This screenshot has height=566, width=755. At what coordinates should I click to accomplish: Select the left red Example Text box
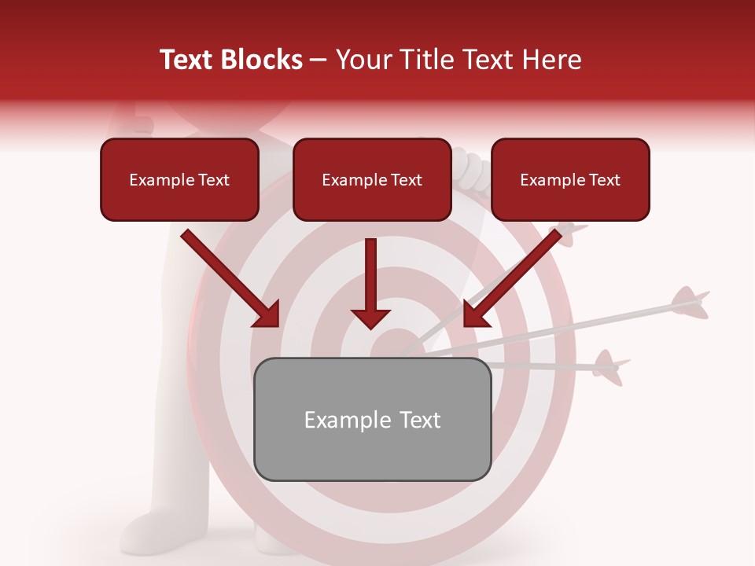179,180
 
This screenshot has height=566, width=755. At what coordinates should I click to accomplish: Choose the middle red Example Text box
372,180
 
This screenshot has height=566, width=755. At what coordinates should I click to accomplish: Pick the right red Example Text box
570,180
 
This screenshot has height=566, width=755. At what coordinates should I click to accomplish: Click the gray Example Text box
373,419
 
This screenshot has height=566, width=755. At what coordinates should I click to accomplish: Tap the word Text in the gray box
418,420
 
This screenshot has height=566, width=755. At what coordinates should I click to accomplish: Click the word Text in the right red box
603,180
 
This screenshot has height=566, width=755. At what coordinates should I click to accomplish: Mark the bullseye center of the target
391,346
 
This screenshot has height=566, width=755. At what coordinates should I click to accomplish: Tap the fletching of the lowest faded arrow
608,366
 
